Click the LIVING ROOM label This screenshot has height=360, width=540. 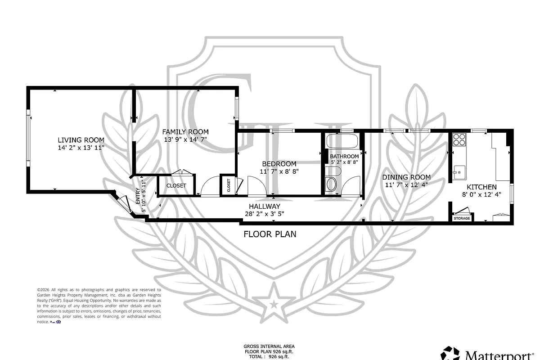pos(81,140)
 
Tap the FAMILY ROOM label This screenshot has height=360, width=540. pos(185,132)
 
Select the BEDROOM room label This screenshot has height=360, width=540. pos(279,164)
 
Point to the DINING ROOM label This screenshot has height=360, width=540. pos(408,177)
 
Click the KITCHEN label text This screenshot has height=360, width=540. pos(481,187)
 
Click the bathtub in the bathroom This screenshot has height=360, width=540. pos(342,142)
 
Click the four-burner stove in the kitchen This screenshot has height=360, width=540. pos(459,140)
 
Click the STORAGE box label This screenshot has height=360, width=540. pos(462,219)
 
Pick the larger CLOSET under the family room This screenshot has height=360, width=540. pos(176,186)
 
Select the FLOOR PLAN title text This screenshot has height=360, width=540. pos(270,234)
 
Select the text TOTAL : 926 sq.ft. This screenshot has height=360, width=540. pos(270,356)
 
